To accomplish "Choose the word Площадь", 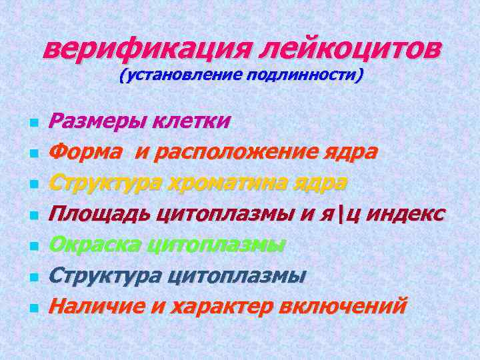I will (100, 213).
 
